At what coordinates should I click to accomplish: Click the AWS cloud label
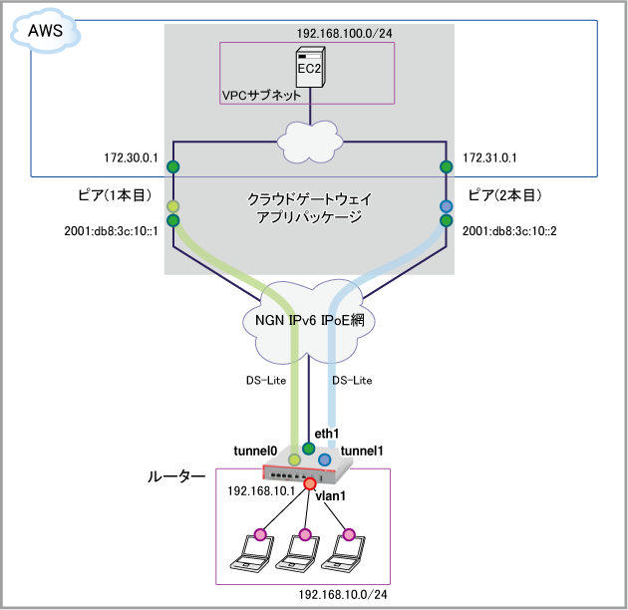[x=45, y=32]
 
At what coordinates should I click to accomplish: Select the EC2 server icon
[x=309, y=68]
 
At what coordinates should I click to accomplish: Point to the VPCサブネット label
[x=261, y=96]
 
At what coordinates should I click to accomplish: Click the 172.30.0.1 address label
[x=131, y=158]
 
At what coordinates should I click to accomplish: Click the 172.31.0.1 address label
[x=489, y=158]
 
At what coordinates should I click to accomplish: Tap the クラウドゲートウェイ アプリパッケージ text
[x=309, y=207]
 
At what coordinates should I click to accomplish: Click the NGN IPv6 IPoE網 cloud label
[x=310, y=321]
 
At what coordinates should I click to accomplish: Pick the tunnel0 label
[x=255, y=451]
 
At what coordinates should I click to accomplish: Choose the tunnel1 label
[x=363, y=451]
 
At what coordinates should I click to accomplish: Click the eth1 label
[x=327, y=434]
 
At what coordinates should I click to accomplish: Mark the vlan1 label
[x=330, y=495]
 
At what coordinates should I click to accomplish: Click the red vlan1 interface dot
[x=310, y=484]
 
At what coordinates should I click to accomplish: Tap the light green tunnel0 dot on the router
[x=294, y=459]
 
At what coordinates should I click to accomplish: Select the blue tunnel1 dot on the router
[x=324, y=459]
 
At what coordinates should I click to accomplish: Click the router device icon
[x=299, y=471]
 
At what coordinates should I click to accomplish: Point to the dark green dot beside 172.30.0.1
[x=172, y=165]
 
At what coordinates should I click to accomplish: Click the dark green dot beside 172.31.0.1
[x=446, y=165]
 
